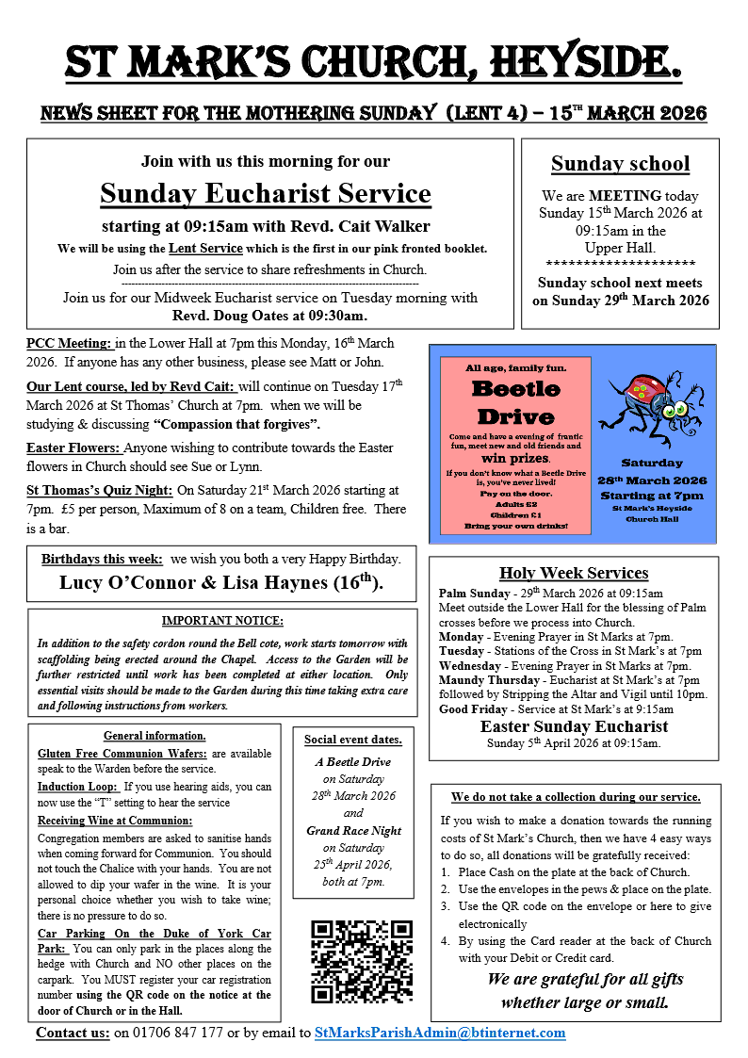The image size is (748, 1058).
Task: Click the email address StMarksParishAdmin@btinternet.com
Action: click(x=440, y=1033)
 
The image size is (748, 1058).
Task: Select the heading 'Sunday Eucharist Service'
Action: click(x=266, y=193)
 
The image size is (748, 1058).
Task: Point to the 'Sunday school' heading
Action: click(x=620, y=164)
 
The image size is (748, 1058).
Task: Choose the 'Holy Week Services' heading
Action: click(x=574, y=573)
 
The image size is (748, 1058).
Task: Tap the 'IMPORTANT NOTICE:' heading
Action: click(x=222, y=621)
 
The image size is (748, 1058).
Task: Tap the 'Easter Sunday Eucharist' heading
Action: click(x=574, y=726)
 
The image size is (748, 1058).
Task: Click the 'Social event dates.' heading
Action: click(x=353, y=739)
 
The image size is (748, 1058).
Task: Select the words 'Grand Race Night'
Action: click(x=353, y=831)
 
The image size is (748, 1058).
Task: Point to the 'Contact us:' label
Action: click(x=73, y=1033)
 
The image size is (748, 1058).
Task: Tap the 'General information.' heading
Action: click(x=154, y=736)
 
